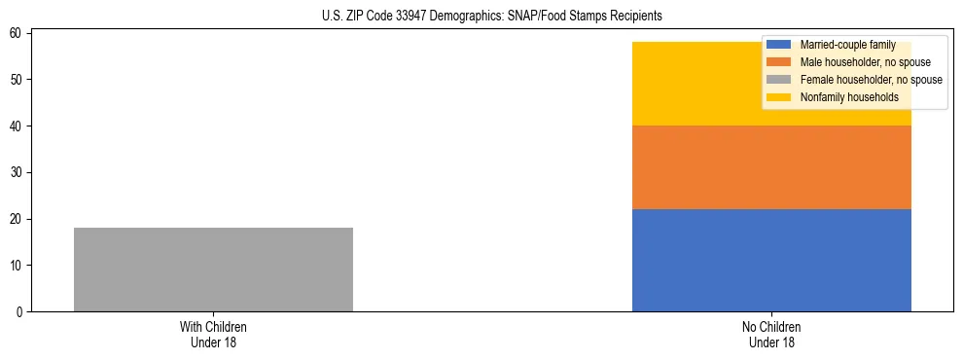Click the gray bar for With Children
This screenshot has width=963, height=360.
213,270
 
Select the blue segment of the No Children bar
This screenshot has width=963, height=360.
771,260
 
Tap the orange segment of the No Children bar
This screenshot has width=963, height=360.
771,167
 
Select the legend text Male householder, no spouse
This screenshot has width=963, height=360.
852,62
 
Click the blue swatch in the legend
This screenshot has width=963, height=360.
779,45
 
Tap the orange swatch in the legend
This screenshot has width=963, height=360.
779,62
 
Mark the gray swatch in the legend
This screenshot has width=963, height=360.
779,80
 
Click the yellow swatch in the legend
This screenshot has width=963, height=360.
779,97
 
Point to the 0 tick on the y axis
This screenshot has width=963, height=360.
20,312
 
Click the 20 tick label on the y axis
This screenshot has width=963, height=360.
18,219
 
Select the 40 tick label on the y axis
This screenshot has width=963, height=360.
18,126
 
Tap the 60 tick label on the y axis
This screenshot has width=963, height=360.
18,33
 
